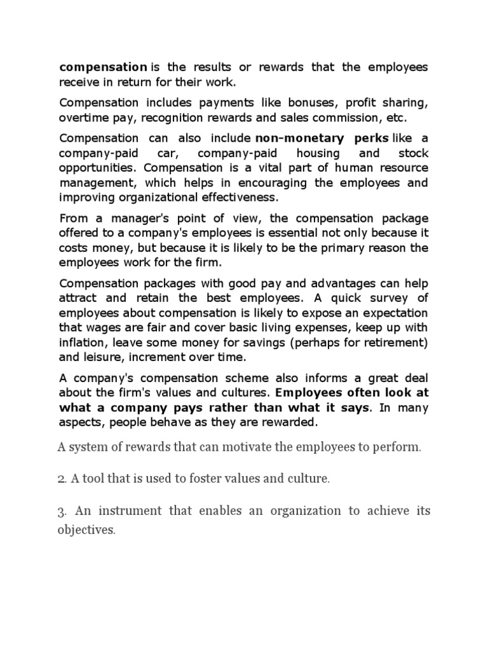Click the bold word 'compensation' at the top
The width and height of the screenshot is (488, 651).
(x=103, y=67)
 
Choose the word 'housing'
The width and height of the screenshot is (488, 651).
(x=318, y=154)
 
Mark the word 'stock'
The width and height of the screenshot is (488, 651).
(x=413, y=154)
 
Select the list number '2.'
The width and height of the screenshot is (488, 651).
(x=62, y=479)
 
